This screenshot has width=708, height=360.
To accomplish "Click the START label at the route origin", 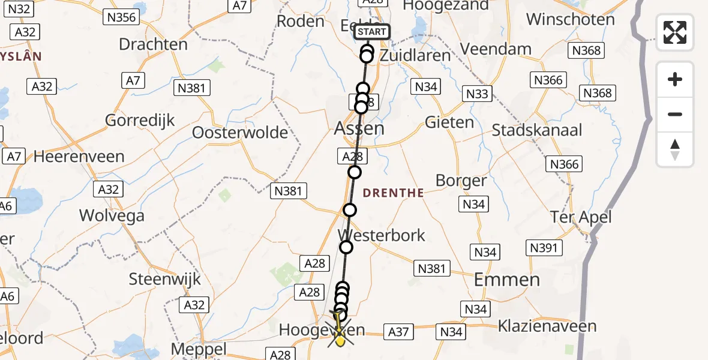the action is click(x=373, y=32).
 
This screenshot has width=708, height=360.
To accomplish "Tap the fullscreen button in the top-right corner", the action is click(x=675, y=32).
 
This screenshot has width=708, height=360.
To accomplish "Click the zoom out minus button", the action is click(x=675, y=114).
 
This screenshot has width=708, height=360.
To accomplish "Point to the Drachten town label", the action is click(x=153, y=44).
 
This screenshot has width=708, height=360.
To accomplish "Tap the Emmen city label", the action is click(x=507, y=280).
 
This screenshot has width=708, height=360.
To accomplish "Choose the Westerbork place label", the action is click(x=382, y=235).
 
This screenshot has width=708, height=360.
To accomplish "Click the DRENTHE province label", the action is click(x=393, y=193).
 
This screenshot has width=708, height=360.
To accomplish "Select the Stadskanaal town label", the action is click(x=537, y=130).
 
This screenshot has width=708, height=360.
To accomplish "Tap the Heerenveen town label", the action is click(x=79, y=157).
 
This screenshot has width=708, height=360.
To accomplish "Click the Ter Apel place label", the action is click(x=581, y=217).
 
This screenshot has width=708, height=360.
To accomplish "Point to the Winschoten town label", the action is click(x=570, y=19).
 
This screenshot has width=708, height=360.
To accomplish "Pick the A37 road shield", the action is click(x=398, y=332).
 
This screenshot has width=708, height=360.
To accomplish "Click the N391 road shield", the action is click(x=543, y=247).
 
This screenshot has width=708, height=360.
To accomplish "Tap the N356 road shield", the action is click(x=121, y=17).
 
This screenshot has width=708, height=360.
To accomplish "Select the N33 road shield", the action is click(x=478, y=94).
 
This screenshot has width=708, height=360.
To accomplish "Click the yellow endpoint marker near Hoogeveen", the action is click(x=340, y=341).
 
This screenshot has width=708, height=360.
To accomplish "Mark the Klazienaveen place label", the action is click(x=547, y=326).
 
